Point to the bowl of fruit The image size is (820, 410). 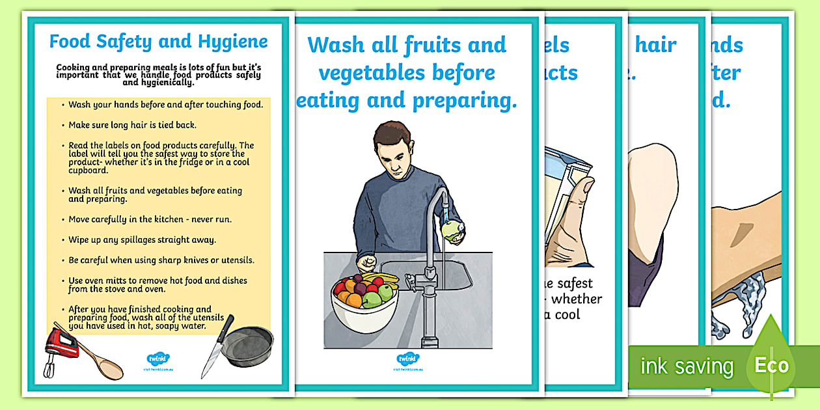[x=364, y=301]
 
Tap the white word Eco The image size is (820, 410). [x=771, y=365]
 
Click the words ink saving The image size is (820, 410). [x=686, y=366]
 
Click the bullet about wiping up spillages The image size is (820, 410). [x=142, y=239]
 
